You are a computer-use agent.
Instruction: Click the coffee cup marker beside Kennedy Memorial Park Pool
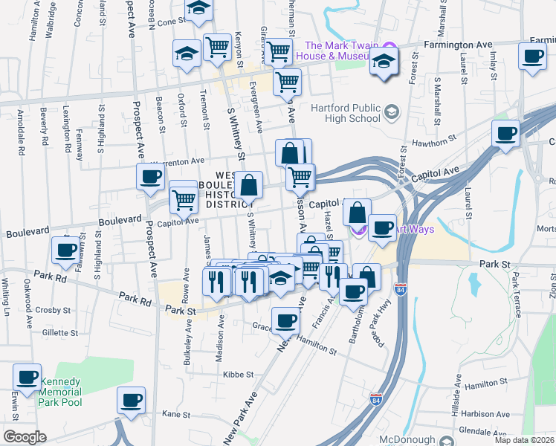point(28,377)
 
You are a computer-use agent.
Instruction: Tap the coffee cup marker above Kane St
point(132,400)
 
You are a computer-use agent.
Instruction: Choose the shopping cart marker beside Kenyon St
point(217,47)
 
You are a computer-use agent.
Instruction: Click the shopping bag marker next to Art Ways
point(358,213)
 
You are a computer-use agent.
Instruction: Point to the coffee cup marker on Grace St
point(285,320)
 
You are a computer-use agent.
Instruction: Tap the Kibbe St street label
point(239,375)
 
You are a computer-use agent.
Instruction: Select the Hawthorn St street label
point(436,141)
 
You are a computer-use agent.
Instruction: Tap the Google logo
point(25,436)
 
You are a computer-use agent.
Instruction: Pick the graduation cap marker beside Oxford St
point(187,53)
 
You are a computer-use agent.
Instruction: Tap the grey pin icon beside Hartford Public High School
point(392,113)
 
